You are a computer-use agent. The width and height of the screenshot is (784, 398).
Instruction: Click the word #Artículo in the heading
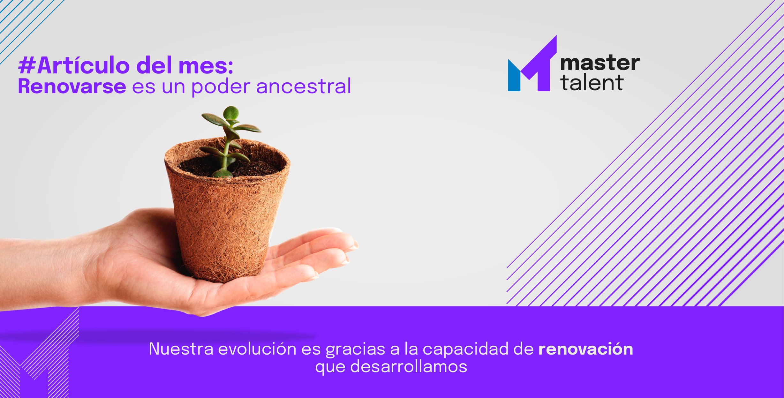tap(74, 65)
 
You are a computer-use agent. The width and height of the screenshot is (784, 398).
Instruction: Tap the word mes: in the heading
tap(206, 66)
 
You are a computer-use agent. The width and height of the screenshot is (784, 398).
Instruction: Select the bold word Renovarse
tap(72, 86)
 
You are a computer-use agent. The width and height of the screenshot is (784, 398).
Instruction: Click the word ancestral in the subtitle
tap(304, 86)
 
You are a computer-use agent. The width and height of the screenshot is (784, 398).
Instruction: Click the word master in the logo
tap(600, 63)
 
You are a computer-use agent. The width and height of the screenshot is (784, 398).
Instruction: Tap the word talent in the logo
tap(592, 83)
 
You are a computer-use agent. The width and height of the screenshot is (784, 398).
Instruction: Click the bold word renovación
tap(586, 349)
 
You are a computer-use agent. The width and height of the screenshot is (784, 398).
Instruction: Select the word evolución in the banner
tap(257, 349)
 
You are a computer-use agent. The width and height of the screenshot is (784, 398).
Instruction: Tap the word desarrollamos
tap(409, 366)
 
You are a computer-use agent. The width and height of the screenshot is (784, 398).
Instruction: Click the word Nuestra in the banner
tap(181, 349)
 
